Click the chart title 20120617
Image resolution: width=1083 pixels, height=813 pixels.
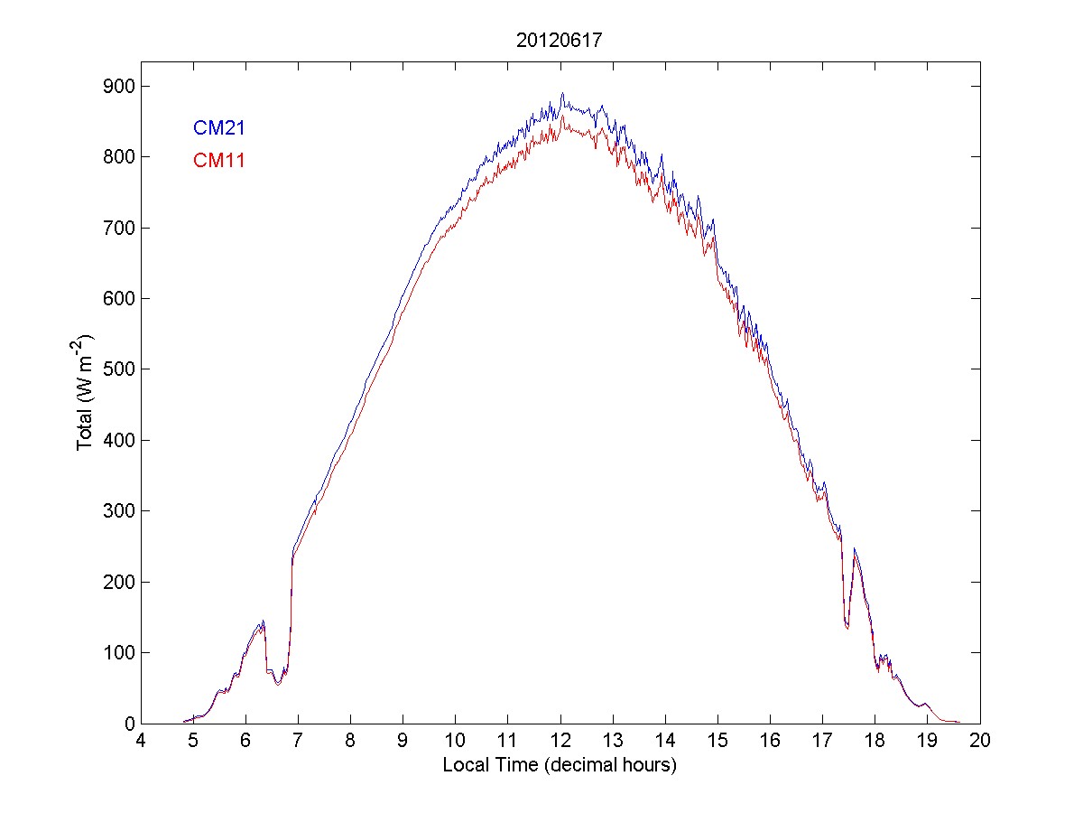pyautogui.click(x=560, y=41)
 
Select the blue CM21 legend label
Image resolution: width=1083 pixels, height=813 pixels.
pyautogui.click(x=219, y=128)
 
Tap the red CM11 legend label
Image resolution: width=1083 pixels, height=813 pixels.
pyautogui.click(x=219, y=161)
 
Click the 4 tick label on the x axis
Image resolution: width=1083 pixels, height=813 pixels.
pyautogui.click(x=140, y=741)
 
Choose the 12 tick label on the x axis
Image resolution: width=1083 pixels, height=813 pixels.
pyautogui.click(x=560, y=741)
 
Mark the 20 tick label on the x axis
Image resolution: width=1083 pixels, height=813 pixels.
pyautogui.click(x=980, y=741)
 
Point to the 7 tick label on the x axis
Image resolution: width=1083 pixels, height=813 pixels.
pyautogui.click(x=298, y=741)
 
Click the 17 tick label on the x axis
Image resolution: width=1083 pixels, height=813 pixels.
pyautogui.click(x=822, y=741)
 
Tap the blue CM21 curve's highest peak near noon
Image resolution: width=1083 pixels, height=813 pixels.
pyautogui.click(x=562, y=93)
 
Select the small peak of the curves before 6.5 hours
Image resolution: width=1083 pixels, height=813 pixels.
pyautogui.click(x=263, y=621)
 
